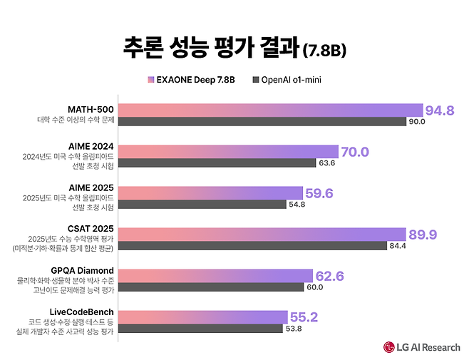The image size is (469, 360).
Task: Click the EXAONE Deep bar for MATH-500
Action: click(x=271, y=110)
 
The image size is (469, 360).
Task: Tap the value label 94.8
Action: click(x=440, y=110)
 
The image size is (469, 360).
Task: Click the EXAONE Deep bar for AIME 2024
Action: click(x=228, y=151)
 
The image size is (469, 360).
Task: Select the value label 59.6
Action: click(x=319, y=193)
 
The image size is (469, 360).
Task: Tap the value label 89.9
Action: click(x=423, y=235)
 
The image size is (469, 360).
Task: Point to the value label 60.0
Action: click(x=314, y=287)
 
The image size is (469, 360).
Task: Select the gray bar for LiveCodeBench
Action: click(x=199, y=329)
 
